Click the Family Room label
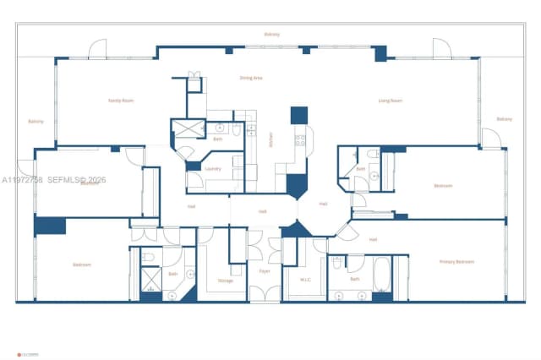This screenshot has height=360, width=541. click(x=122, y=100)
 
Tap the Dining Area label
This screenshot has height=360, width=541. click(x=251, y=78)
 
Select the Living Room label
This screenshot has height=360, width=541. click(x=390, y=100)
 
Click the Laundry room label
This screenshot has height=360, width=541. click(x=213, y=168)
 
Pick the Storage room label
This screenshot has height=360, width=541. click(x=225, y=281)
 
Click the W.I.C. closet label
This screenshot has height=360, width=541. click(x=306, y=279)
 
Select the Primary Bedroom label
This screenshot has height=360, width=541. click(x=456, y=262)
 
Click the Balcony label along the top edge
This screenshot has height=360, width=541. click(x=271, y=35)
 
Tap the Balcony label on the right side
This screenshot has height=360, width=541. click(x=505, y=119)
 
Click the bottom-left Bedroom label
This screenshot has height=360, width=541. click(x=82, y=265)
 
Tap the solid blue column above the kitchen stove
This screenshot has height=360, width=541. click(x=299, y=116)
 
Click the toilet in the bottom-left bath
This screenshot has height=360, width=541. click(x=148, y=257)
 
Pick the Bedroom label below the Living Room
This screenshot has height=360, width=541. click(x=443, y=186)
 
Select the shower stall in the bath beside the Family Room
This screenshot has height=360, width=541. click(x=183, y=129)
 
